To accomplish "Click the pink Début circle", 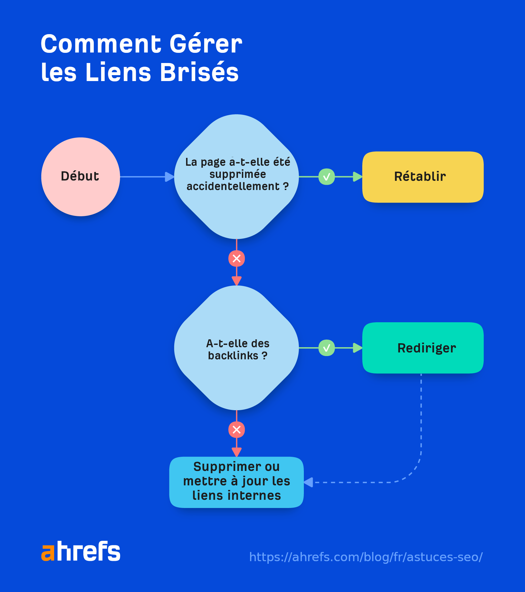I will [80, 177].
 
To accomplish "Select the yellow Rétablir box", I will [423, 177].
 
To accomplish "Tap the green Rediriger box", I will [423, 348].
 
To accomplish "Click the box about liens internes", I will [236, 482].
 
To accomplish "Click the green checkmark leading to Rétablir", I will [326, 177].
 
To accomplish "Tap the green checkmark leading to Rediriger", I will [326, 348].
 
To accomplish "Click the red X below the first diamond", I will [237, 259].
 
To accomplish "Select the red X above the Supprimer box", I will [237, 430].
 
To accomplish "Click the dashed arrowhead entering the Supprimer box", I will [308, 482].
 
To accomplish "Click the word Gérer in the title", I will [206, 44].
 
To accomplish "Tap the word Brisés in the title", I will [199, 72].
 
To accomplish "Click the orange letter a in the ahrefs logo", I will [48, 553].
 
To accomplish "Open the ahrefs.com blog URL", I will [366, 557].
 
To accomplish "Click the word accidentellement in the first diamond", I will [233, 186].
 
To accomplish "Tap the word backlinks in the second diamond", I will [233, 356].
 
